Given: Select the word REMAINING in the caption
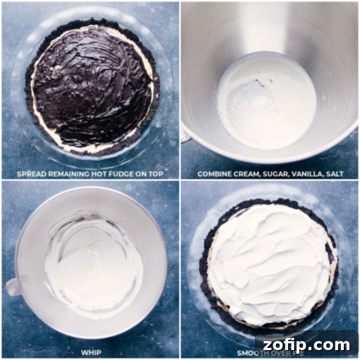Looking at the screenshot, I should click(x=71, y=173).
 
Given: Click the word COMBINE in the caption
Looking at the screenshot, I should click(x=213, y=173).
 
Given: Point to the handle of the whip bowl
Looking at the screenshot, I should click(x=12, y=287).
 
